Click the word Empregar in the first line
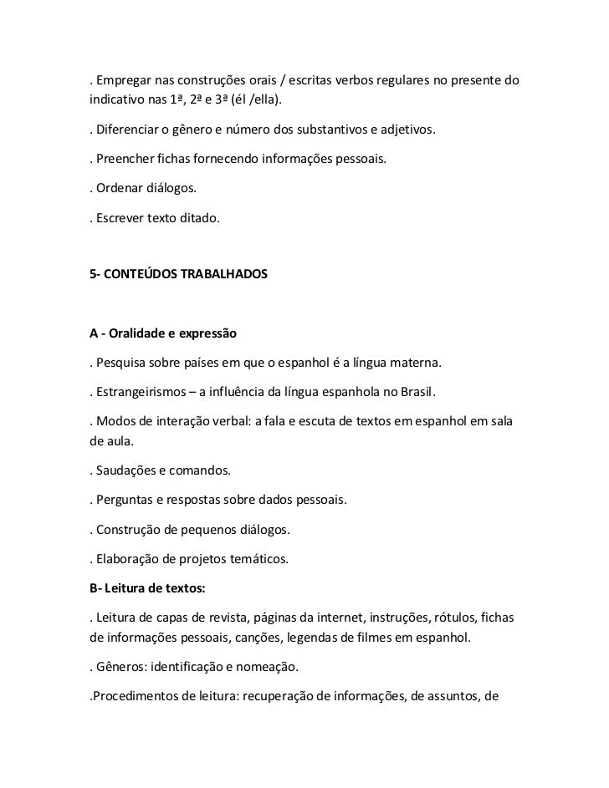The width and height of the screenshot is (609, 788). (x=125, y=81)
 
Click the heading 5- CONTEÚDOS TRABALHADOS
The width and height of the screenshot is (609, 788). (x=179, y=272)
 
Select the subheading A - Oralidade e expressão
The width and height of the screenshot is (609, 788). (x=163, y=334)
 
